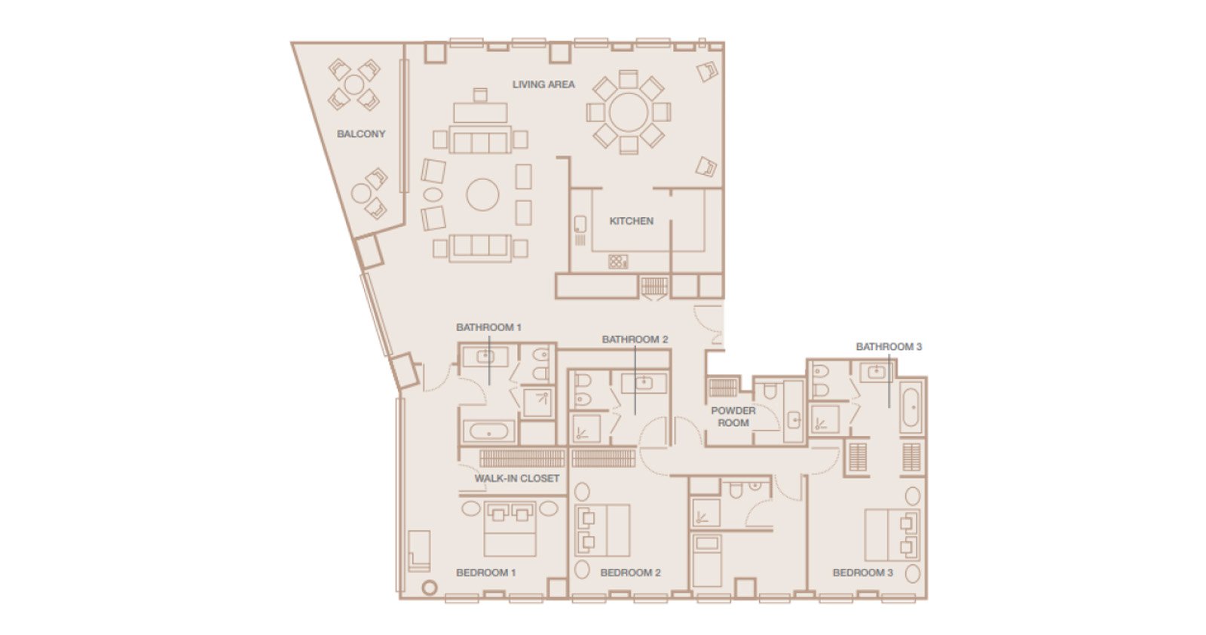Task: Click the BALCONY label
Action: tap(361, 133)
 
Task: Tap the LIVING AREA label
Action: tap(543, 84)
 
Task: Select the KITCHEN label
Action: tap(631, 221)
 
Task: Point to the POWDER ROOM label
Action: tap(733, 417)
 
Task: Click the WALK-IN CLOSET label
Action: tap(517, 478)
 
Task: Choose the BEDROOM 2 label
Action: tap(630, 572)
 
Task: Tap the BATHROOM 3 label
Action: tap(889, 347)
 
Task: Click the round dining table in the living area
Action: tap(629, 112)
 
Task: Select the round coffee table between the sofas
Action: tap(482, 195)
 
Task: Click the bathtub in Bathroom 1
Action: tap(489, 431)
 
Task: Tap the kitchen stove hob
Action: tap(618, 262)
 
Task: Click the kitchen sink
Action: tap(580, 224)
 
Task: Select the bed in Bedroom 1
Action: tap(510, 529)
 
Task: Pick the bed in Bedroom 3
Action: tap(892, 535)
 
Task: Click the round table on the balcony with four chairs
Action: tap(354, 84)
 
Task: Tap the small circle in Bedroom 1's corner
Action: tap(429, 587)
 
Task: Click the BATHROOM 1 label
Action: tap(488, 327)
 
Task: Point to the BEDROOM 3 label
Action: tap(862, 572)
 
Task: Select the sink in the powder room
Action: tap(794, 419)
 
